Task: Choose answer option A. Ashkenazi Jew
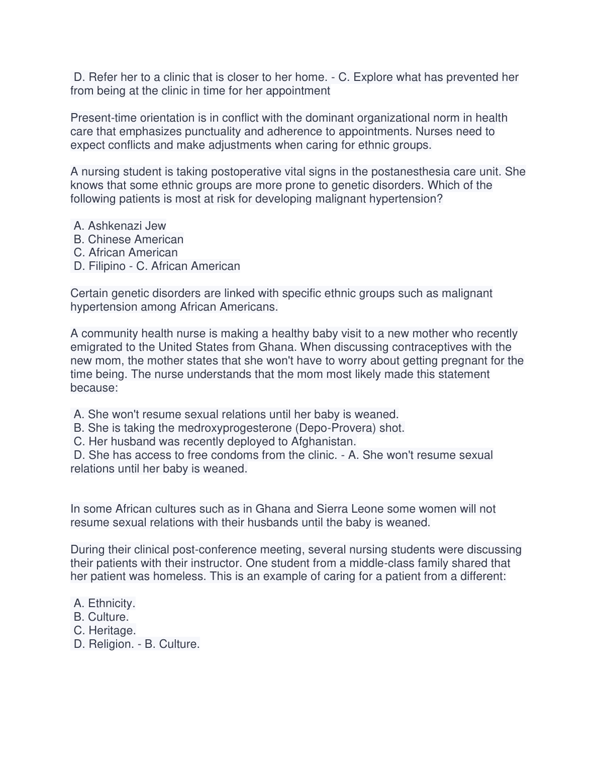[x=120, y=226]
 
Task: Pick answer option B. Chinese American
[x=129, y=240]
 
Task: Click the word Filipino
[x=107, y=266]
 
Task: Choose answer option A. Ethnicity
[x=105, y=604]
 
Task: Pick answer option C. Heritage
[x=105, y=631]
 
